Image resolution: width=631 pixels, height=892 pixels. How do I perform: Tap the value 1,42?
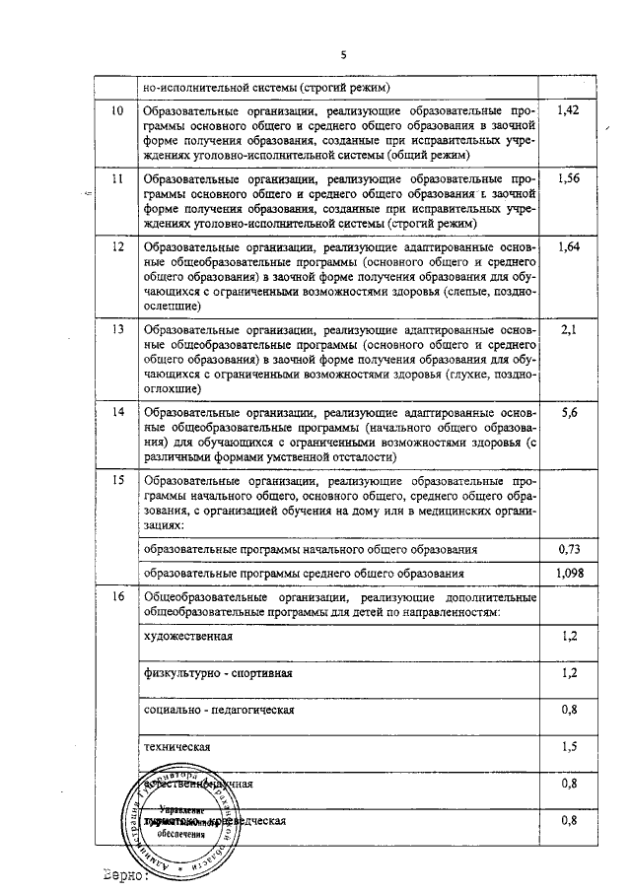click(567, 111)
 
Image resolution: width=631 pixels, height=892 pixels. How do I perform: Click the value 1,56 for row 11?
click(567, 179)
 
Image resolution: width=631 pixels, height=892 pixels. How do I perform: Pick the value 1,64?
click(567, 247)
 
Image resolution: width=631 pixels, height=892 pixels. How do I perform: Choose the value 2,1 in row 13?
click(567, 330)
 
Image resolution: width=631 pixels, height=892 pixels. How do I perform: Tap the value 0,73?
click(567, 548)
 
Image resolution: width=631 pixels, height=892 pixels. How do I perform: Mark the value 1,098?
click(567, 573)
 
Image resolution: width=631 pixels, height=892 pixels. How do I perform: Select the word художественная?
click(188, 637)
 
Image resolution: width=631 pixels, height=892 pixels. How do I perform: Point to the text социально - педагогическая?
click(218, 710)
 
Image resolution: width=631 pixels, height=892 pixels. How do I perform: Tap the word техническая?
click(177, 747)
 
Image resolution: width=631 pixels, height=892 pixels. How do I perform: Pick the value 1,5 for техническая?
click(568, 747)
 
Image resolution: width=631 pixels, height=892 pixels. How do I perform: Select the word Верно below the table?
click(123, 873)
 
